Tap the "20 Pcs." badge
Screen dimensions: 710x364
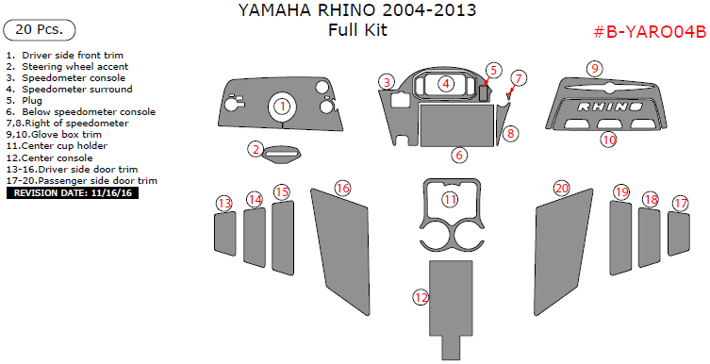pyautogui.click(x=39, y=30)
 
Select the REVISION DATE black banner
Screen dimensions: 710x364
pyautogui.click(x=73, y=193)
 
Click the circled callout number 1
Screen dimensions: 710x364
pyautogui.click(x=283, y=107)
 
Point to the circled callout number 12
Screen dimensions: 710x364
pyautogui.click(x=421, y=297)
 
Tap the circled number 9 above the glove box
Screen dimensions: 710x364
pyautogui.click(x=595, y=69)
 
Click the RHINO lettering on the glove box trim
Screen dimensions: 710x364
pyautogui.click(x=610, y=107)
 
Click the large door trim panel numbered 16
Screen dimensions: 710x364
pyautogui.click(x=340, y=251)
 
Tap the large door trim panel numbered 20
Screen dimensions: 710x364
pyautogui.click(x=563, y=251)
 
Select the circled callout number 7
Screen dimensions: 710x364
pyautogui.click(x=519, y=79)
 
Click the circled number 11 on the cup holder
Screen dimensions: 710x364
pyautogui.click(x=450, y=199)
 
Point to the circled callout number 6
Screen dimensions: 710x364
pyautogui.click(x=458, y=156)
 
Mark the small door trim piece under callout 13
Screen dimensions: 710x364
pyautogui.click(x=225, y=234)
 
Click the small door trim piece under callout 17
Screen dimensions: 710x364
pyautogui.click(x=679, y=234)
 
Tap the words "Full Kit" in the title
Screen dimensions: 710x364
pyautogui.click(x=357, y=30)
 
